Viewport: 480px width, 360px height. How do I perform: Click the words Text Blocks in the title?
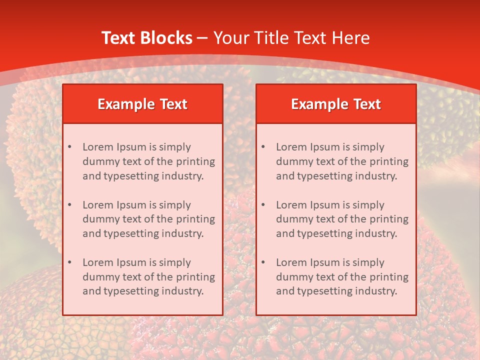(146, 38)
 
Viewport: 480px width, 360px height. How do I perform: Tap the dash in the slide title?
(202, 38)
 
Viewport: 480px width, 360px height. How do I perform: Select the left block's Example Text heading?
(142, 104)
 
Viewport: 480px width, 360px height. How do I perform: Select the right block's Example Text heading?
(336, 104)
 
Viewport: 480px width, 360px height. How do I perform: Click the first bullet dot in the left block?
(69, 147)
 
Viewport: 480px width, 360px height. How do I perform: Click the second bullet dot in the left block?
(69, 205)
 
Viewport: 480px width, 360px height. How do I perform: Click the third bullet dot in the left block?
(69, 262)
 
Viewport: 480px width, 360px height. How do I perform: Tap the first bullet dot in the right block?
(263, 147)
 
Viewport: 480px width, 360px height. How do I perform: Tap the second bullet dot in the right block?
(263, 205)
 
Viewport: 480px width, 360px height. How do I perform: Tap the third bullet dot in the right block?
(263, 262)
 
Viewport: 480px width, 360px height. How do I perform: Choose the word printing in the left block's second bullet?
(195, 219)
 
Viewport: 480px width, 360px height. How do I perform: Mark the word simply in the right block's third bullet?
(368, 262)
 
